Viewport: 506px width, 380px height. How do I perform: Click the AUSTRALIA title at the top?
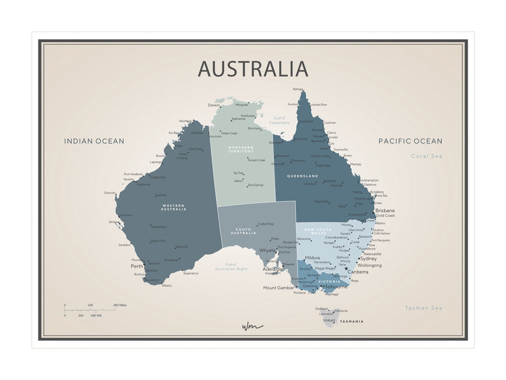click(x=253, y=69)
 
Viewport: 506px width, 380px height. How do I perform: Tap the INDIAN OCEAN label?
click(x=94, y=141)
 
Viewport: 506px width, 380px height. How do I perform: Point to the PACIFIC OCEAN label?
click(x=410, y=141)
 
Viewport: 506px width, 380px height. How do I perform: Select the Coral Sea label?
click(x=427, y=156)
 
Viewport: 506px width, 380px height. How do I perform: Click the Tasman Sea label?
click(x=423, y=308)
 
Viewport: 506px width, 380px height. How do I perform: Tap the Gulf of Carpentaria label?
click(x=279, y=120)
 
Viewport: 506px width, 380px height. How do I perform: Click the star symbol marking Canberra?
click(x=346, y=269)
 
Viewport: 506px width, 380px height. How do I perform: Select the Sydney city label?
click(x=368, y=259)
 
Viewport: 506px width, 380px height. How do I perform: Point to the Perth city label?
click(x=137, y=266)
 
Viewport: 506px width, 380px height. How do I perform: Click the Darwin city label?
click(x=214, y=105)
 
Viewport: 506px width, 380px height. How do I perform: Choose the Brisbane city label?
click(x=385, y=210)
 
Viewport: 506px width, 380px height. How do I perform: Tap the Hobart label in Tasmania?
click(x=329, y=320)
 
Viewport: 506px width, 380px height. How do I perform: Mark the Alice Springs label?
click(x=255, y=185)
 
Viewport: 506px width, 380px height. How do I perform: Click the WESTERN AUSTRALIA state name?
click(x=174, y=207)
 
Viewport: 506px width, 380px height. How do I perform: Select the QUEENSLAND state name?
click(x=302, y=176)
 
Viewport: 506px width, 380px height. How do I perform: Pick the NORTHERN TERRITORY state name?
click(x=241, y=149)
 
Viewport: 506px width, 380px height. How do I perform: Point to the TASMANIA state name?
click(x=352, y=322)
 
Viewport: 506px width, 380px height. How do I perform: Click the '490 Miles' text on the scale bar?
click(x=120, y=305)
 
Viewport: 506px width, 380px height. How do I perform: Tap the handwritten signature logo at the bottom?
click(x=252, y=326)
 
